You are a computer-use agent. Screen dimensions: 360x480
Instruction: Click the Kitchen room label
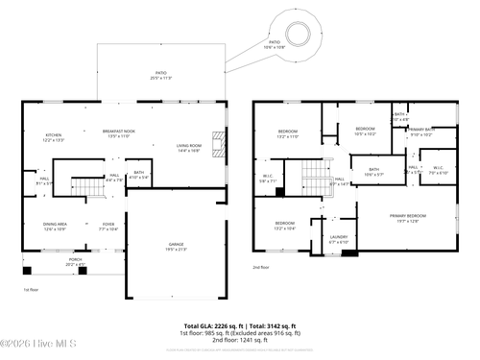54,137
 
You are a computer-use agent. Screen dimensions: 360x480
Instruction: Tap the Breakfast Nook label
119,133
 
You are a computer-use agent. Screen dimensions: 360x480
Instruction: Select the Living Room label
187,148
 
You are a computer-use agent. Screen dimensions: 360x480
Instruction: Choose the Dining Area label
54,227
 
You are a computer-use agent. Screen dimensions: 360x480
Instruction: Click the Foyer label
108,227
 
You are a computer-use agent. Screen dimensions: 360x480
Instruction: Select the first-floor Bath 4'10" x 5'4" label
139,176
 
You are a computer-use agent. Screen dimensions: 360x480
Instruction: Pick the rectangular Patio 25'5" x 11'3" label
161,75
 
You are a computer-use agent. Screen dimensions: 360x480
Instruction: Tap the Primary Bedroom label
407,219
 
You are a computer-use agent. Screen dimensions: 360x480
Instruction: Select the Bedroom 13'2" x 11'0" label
288,133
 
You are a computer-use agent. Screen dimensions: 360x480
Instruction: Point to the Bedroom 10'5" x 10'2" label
365,131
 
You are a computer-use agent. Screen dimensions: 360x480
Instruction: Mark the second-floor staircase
315,177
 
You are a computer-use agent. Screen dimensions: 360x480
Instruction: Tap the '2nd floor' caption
261,267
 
